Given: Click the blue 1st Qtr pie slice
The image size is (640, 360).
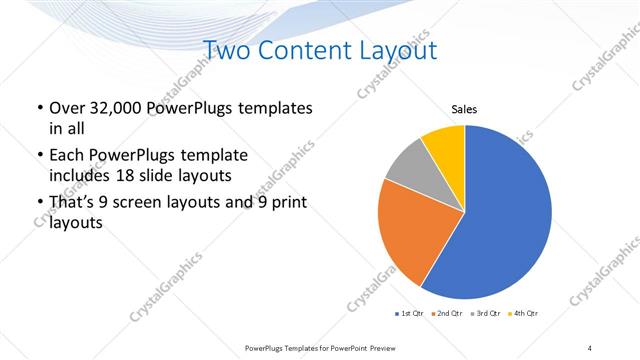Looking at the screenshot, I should point(505,220).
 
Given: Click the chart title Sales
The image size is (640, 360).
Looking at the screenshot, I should point(463,108).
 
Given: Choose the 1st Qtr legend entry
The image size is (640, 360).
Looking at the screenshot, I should point(410,314).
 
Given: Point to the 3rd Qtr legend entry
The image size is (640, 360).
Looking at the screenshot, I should point(485,314).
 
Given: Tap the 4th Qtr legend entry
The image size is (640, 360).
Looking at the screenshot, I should point(523,314).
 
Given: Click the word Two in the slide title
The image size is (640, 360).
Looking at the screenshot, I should point(226,50).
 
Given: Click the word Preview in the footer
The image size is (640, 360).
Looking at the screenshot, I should point(383,347).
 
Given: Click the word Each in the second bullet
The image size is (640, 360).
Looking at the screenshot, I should point(66,156).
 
